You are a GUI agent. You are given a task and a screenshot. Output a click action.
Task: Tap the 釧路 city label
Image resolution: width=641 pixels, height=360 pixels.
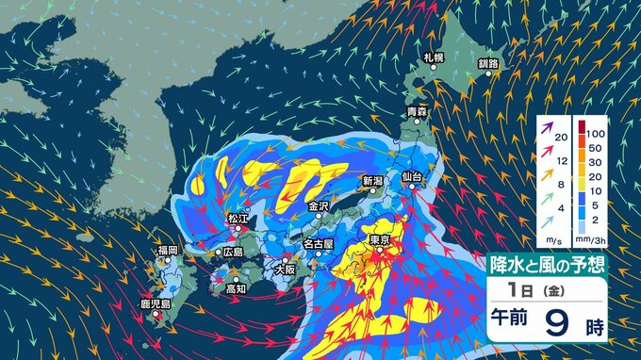tap(487, 63)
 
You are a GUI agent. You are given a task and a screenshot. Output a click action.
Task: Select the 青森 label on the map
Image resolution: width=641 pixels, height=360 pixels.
tap(417, 113)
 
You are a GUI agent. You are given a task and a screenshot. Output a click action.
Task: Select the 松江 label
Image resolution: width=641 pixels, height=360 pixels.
tap(238, 218)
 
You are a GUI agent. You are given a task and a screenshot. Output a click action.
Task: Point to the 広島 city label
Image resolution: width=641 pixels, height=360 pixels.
tap(232, 253)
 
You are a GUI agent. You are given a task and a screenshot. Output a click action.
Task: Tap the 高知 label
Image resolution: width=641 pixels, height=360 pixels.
tap(236, 289)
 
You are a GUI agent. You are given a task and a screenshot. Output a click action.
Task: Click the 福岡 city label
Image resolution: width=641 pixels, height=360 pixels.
tap(168, 251)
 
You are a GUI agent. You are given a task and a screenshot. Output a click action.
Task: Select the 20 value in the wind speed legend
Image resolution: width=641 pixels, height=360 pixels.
tap(562, 139)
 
